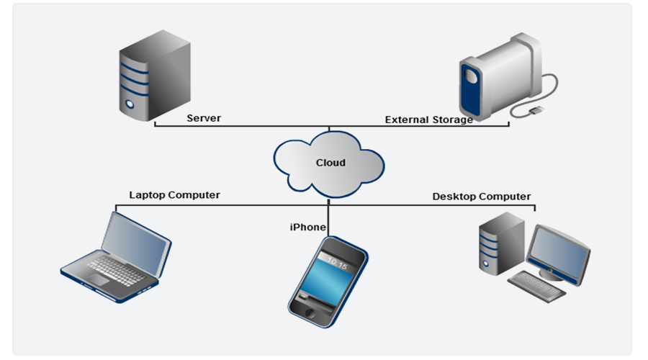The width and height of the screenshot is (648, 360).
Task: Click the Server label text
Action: (x=204, y=118)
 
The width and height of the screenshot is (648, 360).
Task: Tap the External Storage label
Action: (x=429, y=120)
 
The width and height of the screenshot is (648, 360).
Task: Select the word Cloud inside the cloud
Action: (x=330, y=163)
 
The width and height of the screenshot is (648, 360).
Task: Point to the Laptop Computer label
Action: (x=174, y=194)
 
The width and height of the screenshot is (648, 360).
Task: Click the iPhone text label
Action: (x=307, y=228)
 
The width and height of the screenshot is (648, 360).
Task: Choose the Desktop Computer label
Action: (x=481, y=197)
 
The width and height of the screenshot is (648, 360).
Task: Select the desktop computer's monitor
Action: (x=559, y=248)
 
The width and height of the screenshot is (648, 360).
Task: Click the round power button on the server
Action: (x=131, y=104)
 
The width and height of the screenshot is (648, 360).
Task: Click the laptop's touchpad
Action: (x=99, y=279)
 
